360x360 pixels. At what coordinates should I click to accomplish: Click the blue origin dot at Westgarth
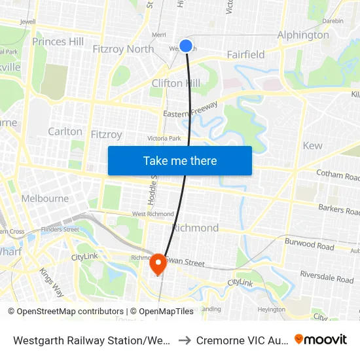(186, 45)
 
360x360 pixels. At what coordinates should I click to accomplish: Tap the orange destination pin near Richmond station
(158, 264)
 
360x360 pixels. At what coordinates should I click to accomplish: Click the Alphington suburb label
(303, 35)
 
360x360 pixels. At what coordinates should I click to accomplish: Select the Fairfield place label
(245, 54)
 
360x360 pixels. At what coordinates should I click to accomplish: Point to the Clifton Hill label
(176, 83)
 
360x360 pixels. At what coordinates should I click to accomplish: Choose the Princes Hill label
(58, 42)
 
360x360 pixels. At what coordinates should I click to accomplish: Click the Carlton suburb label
(65, 132)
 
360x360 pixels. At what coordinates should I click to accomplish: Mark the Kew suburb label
(312, 145)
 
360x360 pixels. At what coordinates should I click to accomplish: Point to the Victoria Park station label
(164, 138)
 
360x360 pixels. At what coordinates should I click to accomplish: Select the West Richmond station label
(153, 214)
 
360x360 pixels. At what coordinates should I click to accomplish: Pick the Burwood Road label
(309, 245)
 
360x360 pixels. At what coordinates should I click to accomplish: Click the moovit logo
(320, 339)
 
